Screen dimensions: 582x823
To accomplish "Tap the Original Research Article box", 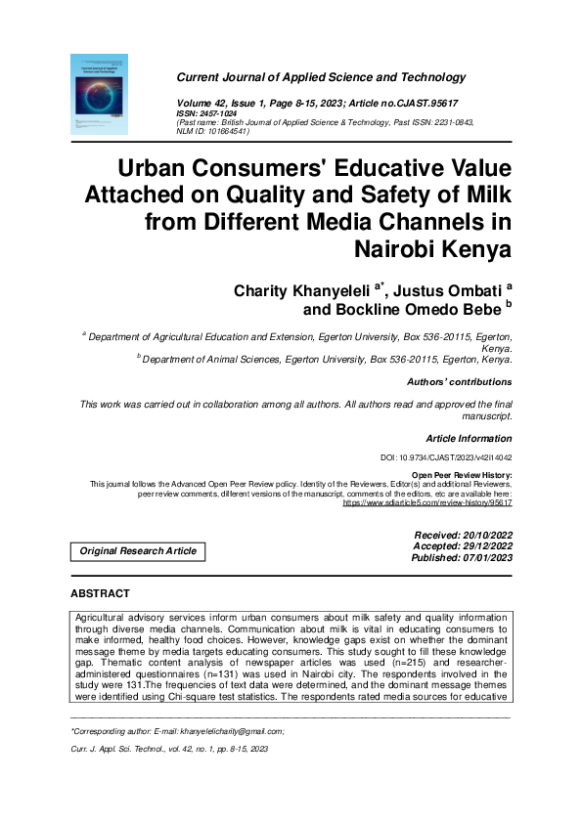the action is click(x=138, y=551).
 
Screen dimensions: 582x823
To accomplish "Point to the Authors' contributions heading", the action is click(x=458, y=382).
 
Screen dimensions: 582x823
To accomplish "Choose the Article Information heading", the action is click(x=468, y=439).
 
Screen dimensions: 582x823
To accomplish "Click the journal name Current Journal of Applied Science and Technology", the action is click(x=321, y=77).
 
